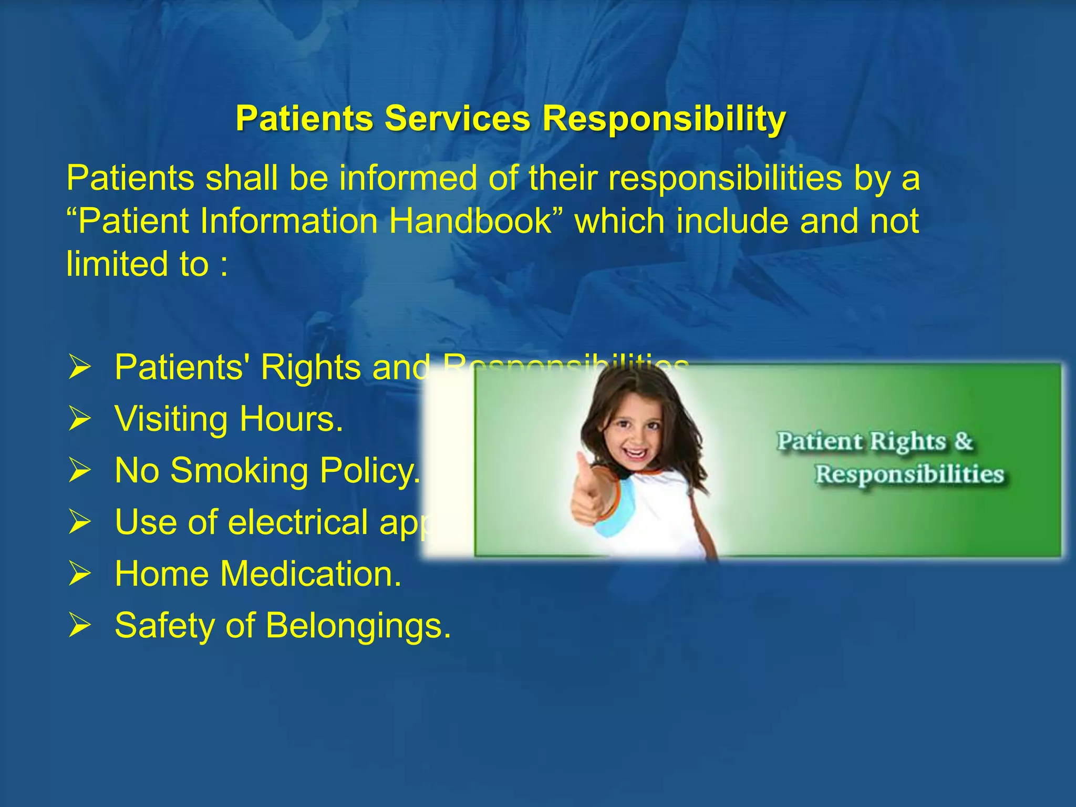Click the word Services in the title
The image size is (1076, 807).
tap(457, 118)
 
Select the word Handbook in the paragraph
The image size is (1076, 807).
tap(470, 221)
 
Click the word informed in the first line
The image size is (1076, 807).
tap(408, 178)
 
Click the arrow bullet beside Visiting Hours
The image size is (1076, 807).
tap(80, 419)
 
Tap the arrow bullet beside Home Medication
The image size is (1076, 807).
tap(80, 574)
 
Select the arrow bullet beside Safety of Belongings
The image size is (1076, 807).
tap(80, 625)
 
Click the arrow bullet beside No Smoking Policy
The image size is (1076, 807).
tap(80, 470)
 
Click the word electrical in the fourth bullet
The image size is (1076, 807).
tap(298, 522)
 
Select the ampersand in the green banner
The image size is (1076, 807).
tap(964, 441)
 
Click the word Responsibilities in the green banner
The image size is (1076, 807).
tap(909, 474)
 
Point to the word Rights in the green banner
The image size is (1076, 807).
tap(908, 442)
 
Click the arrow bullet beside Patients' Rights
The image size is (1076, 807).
tap(80, 367)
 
